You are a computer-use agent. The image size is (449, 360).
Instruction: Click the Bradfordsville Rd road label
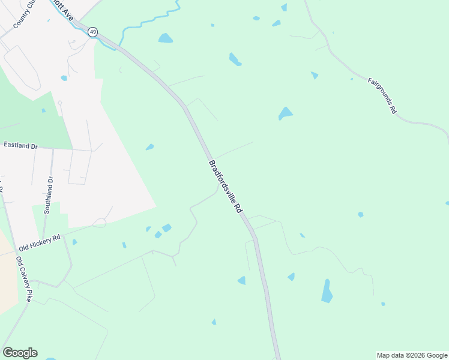tap(225, 187)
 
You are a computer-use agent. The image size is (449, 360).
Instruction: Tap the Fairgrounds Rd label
tap(382, 95)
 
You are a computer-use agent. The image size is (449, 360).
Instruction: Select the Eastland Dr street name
tap(20, 145)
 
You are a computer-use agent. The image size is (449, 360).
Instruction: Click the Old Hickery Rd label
tap(40, 242)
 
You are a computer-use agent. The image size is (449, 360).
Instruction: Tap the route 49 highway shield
tap(92, 32)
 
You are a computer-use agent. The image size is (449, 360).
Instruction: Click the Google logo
tap(20, 353)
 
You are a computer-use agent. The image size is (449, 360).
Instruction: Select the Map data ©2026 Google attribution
tap(412, 355)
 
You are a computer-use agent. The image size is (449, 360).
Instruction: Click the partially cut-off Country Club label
tap(24, 15)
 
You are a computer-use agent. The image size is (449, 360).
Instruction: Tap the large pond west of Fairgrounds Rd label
tap(286, 113)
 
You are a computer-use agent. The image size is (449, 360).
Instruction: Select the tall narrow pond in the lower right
tap(327, 291)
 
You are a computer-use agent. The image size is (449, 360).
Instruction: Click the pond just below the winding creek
tap(165, 38)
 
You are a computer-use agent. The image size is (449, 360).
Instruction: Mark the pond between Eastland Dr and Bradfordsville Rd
tap(149, 147)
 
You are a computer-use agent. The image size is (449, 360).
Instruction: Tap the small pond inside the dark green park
tap(43, 110)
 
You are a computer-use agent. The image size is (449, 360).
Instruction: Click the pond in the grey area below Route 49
tap(64, 78)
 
